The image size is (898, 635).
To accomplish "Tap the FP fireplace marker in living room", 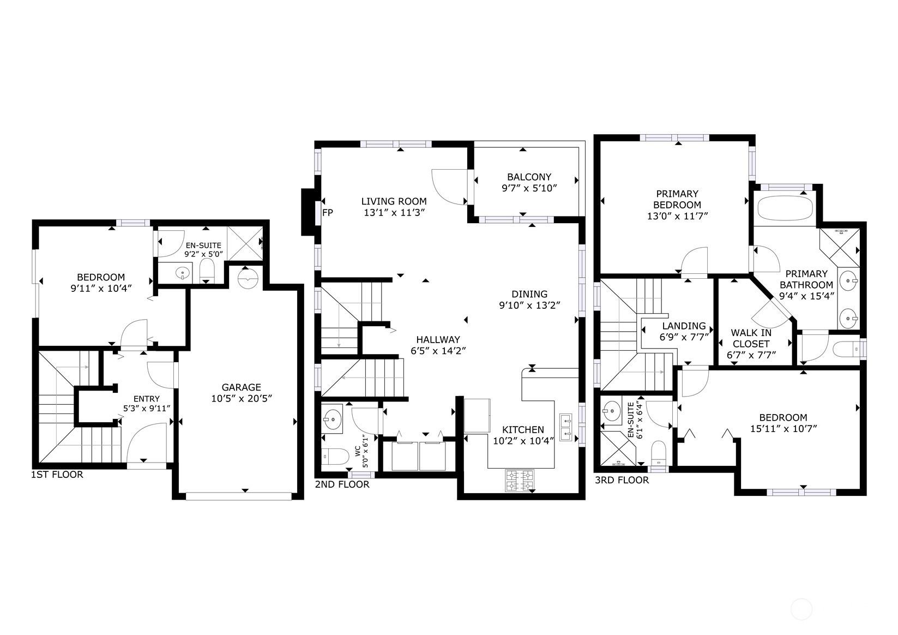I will [x=327, y=212].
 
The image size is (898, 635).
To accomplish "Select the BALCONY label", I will [x=529, y=177].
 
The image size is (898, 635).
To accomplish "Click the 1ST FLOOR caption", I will [x=57, y=475].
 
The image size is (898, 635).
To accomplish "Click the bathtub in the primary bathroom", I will [x=785, y=208].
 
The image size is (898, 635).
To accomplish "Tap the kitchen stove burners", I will [x=520, y=480].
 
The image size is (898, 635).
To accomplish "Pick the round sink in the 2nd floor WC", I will [x=331, y=419].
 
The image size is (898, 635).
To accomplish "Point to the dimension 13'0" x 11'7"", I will [x=678, y=215].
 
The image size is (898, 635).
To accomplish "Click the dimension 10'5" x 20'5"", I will [x=242, y=399].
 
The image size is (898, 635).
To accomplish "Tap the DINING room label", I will [x=529, y=294].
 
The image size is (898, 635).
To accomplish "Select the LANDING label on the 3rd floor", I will [x=684, y=326].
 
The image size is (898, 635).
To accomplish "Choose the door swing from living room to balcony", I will [x=450, y=187].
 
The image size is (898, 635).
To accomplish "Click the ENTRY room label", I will [x=146, y=399].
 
